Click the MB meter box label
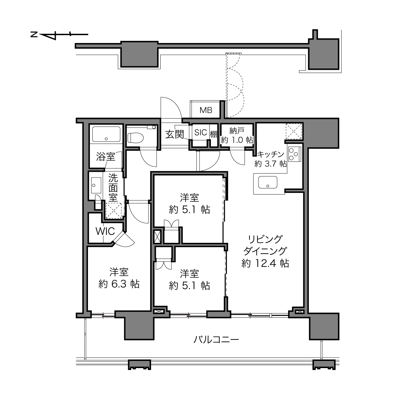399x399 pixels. (x=206, y=110)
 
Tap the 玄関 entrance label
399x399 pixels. (x=175, y=134)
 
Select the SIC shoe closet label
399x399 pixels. (x=201, y=133)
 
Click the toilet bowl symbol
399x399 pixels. (x=136, y=138)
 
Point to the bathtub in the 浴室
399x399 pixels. (x=106, y=134)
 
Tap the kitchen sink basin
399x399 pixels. (x=267, y=182)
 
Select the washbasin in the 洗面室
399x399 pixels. (x=96, y=185)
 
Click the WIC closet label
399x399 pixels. (x=105, y=231)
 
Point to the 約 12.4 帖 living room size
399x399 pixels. (x=265, y=264)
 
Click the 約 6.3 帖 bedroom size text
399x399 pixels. (x=119, y=284)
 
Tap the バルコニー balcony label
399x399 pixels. (x=216, y=340)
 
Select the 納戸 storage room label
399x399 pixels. (x=237, y=131)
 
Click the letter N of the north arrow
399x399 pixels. (x=34, y=34)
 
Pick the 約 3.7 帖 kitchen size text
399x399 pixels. (x=271, y=164)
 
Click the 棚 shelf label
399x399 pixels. (x=214, y=134)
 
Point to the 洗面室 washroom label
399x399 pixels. (x=113, y=188)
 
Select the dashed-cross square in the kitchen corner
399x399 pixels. (x=294, y=132)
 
